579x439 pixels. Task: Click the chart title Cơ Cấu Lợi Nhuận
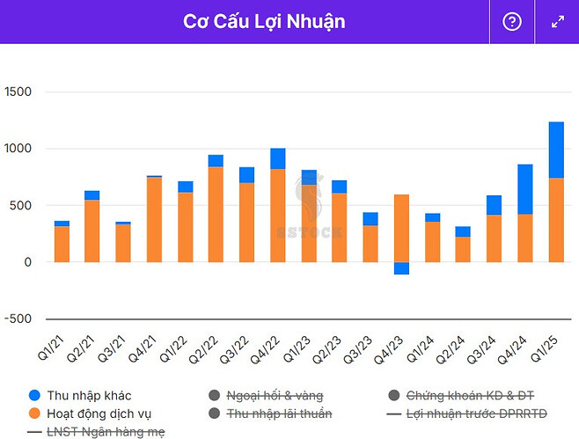[264, 21]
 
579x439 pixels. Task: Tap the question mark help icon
[512, 22]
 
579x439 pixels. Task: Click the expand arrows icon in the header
[558, 22]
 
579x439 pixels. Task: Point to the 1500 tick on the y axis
[18, 92]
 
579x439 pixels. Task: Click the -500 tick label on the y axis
[18, 318]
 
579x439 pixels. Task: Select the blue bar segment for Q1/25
[556, 150]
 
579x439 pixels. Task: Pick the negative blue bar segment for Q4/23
[401, 268]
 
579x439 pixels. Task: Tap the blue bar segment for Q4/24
[524, 189]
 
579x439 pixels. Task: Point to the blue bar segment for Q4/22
[277, 158]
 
